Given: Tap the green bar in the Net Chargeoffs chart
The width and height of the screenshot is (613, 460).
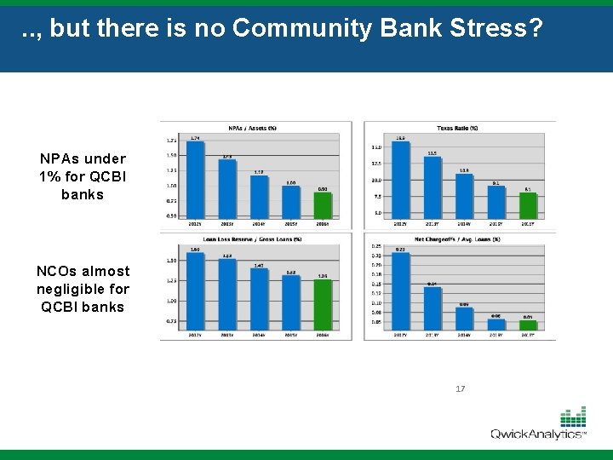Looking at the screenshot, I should [x=529, y=325].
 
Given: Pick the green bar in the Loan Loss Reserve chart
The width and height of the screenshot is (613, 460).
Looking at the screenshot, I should [x=323, y=304].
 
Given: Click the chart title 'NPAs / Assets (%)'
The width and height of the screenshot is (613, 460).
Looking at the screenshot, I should [x=253, y=128].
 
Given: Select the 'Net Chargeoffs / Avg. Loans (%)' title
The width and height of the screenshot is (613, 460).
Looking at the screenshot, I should [x=456, y=239].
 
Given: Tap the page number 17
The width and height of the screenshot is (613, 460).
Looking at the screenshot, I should [x=461, y=388].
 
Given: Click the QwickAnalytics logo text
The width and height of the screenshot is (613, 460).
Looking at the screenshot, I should [x=536, y=434].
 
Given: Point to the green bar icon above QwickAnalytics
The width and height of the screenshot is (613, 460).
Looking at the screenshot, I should [x=573, y=417].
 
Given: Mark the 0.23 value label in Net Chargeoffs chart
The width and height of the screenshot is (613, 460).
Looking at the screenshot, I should [x=401, y=249].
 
